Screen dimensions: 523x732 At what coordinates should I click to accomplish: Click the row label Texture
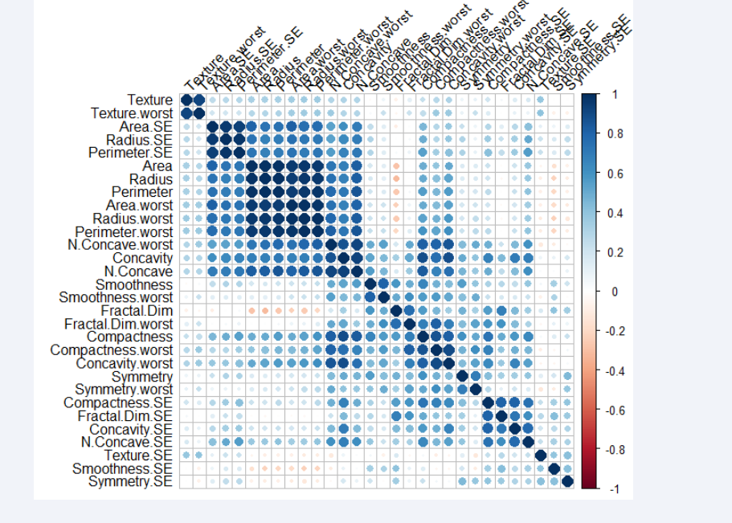150,100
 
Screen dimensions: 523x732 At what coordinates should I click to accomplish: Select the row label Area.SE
145,127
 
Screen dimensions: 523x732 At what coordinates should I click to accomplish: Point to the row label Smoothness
134,284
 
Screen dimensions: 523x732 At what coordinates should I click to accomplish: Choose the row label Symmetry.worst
125,389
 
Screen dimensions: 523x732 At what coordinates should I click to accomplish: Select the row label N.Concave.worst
121,244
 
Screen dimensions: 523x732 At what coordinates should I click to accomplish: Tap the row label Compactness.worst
112,349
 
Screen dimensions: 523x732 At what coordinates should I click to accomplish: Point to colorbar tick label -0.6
614,410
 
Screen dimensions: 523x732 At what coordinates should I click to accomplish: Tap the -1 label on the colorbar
611,488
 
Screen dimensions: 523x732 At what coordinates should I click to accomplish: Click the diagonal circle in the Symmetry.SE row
567,481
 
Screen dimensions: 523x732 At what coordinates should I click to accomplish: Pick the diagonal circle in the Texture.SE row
541,455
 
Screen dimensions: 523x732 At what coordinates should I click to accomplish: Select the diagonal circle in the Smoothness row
370,284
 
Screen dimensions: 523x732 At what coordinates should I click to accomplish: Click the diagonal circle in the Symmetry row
462,376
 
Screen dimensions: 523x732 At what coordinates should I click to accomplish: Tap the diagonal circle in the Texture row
186,100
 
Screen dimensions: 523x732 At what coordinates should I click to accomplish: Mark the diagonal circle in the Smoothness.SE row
554,468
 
